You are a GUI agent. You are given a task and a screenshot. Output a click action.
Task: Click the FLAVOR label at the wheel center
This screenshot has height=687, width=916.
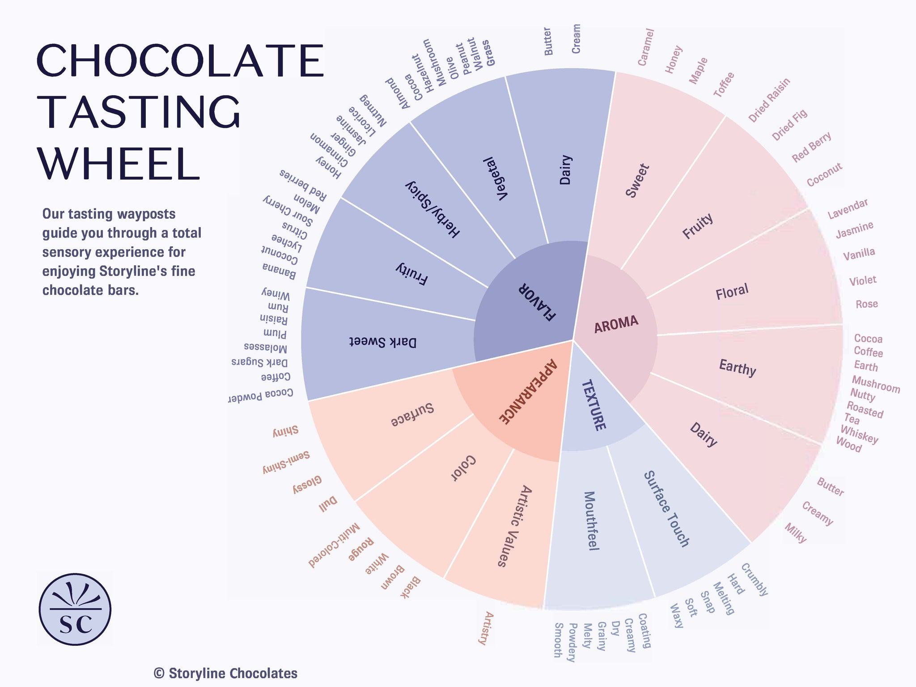pos(537,302)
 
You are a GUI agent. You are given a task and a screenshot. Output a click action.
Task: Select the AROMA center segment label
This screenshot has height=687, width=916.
pos(616,324)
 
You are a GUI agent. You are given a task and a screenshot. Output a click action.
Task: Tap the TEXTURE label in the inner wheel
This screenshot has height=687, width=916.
pos(593,405)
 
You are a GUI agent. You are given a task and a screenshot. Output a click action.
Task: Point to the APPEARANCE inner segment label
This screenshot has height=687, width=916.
pos(528,391)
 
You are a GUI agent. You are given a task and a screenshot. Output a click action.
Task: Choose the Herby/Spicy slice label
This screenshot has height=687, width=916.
pos(432,209)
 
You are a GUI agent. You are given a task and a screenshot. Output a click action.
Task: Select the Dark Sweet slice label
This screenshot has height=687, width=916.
pos(382,342)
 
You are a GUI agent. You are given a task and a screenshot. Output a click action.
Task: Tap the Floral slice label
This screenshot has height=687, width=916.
pos(732,292)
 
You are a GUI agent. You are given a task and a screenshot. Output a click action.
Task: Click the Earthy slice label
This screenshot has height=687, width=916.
pos(737,368)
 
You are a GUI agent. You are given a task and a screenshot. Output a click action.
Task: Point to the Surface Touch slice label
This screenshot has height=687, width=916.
pos(666,509)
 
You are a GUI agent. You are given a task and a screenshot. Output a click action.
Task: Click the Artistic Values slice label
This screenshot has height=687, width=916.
pos(514,526)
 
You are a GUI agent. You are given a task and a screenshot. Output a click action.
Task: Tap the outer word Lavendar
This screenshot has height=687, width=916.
pos(848,209)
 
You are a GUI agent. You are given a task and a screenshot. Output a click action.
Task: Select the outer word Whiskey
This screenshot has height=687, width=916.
pos(859,434)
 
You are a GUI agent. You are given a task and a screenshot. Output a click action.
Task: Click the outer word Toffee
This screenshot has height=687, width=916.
pos(724,85)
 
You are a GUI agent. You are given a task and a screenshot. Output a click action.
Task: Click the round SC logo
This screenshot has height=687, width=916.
pos(75,610)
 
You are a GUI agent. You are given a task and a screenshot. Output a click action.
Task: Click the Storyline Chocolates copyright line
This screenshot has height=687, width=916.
pos(225,673)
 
